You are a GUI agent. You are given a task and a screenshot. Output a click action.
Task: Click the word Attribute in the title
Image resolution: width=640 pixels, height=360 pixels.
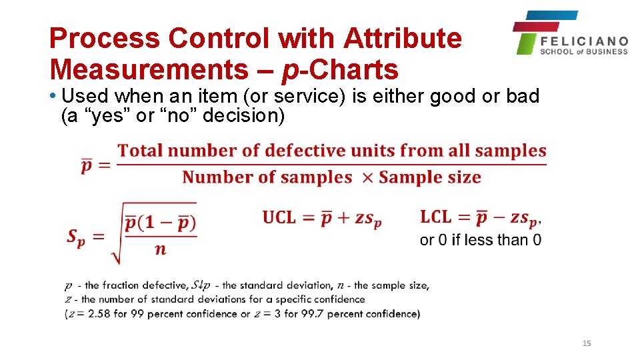(x=403, y=39)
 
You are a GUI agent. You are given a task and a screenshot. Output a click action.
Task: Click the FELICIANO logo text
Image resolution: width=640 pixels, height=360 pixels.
(x=584, y=41)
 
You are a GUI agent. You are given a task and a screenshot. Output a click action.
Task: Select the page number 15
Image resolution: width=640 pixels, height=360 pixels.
(x=587, y=343)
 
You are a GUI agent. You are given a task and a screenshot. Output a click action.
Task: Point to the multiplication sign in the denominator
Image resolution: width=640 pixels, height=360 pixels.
(x=365, y=177)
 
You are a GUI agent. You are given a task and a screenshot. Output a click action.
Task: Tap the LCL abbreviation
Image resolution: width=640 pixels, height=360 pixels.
(x=435, y=217)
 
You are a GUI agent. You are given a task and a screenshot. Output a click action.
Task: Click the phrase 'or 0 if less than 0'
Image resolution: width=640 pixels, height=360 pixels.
(x=480, y=240)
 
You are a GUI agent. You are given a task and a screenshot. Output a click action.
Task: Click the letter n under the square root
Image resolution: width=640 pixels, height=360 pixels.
(x=160, y=250)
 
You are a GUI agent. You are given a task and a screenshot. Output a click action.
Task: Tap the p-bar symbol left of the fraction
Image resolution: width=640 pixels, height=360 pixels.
(x=87, y=165)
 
